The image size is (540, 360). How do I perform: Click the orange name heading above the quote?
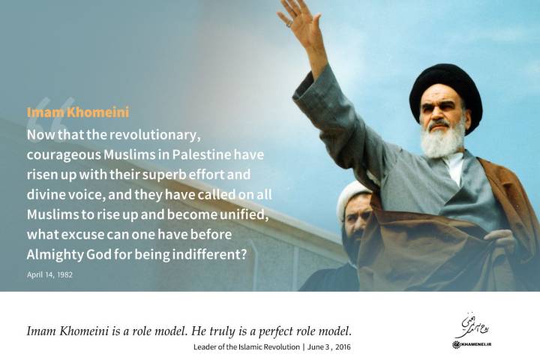click(77, 112)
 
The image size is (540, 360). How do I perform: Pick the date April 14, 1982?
click(49, 274)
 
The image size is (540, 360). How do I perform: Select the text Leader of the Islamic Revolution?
click(247, 347)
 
